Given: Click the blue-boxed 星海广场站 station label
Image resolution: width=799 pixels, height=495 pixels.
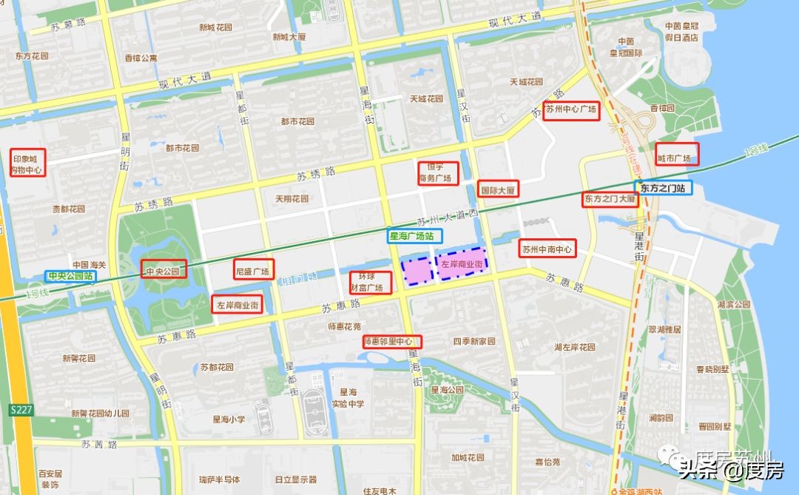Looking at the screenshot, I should pyautogui.click(x=415, y=237).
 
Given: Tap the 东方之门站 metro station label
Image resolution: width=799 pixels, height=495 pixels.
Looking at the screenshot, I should pyautogui.click(x=663, y=188).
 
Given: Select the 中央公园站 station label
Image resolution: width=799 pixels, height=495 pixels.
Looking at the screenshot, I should pyautogui.click(x=70, y=277).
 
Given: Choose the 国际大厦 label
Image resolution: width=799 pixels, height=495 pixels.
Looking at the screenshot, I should pyautogui.click(x=498, y=189).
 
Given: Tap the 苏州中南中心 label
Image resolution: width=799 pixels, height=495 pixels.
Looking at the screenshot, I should pyautogui.click(x=547, y=249).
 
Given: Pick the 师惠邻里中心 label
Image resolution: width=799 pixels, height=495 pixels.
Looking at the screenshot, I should pyautogui.click(x=392, y=342).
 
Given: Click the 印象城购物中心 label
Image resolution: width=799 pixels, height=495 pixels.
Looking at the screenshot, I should pyautogui.click(x=27, y=163).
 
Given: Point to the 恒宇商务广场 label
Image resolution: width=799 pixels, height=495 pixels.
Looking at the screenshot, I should pyautogui.click(x=437, y=173).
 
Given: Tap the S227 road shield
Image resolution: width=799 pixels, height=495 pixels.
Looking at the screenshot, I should pyautogui.click(x=21, y=410).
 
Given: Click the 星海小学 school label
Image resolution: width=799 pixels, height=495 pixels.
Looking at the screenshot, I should pyautogui.click(x=227, y=420).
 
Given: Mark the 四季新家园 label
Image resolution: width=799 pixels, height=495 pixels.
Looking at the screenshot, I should pyautogui.click(x=474, y=342).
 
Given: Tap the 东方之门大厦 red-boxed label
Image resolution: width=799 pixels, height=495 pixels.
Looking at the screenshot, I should pyautogui.click(x=610, y=199).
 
